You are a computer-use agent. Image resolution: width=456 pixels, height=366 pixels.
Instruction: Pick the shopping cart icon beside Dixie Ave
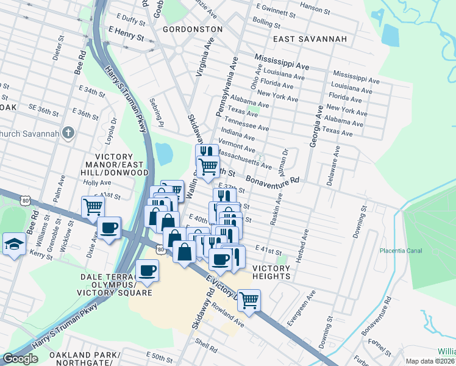pos(93,206)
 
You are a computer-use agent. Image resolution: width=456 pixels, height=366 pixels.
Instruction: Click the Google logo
pos(20,359)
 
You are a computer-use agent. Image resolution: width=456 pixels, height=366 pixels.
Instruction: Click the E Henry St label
pos(126,34)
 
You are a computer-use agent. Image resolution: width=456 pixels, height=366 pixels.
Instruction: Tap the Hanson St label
pos(316,9)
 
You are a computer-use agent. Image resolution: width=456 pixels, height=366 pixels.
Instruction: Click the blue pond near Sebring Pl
pos(163,154)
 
